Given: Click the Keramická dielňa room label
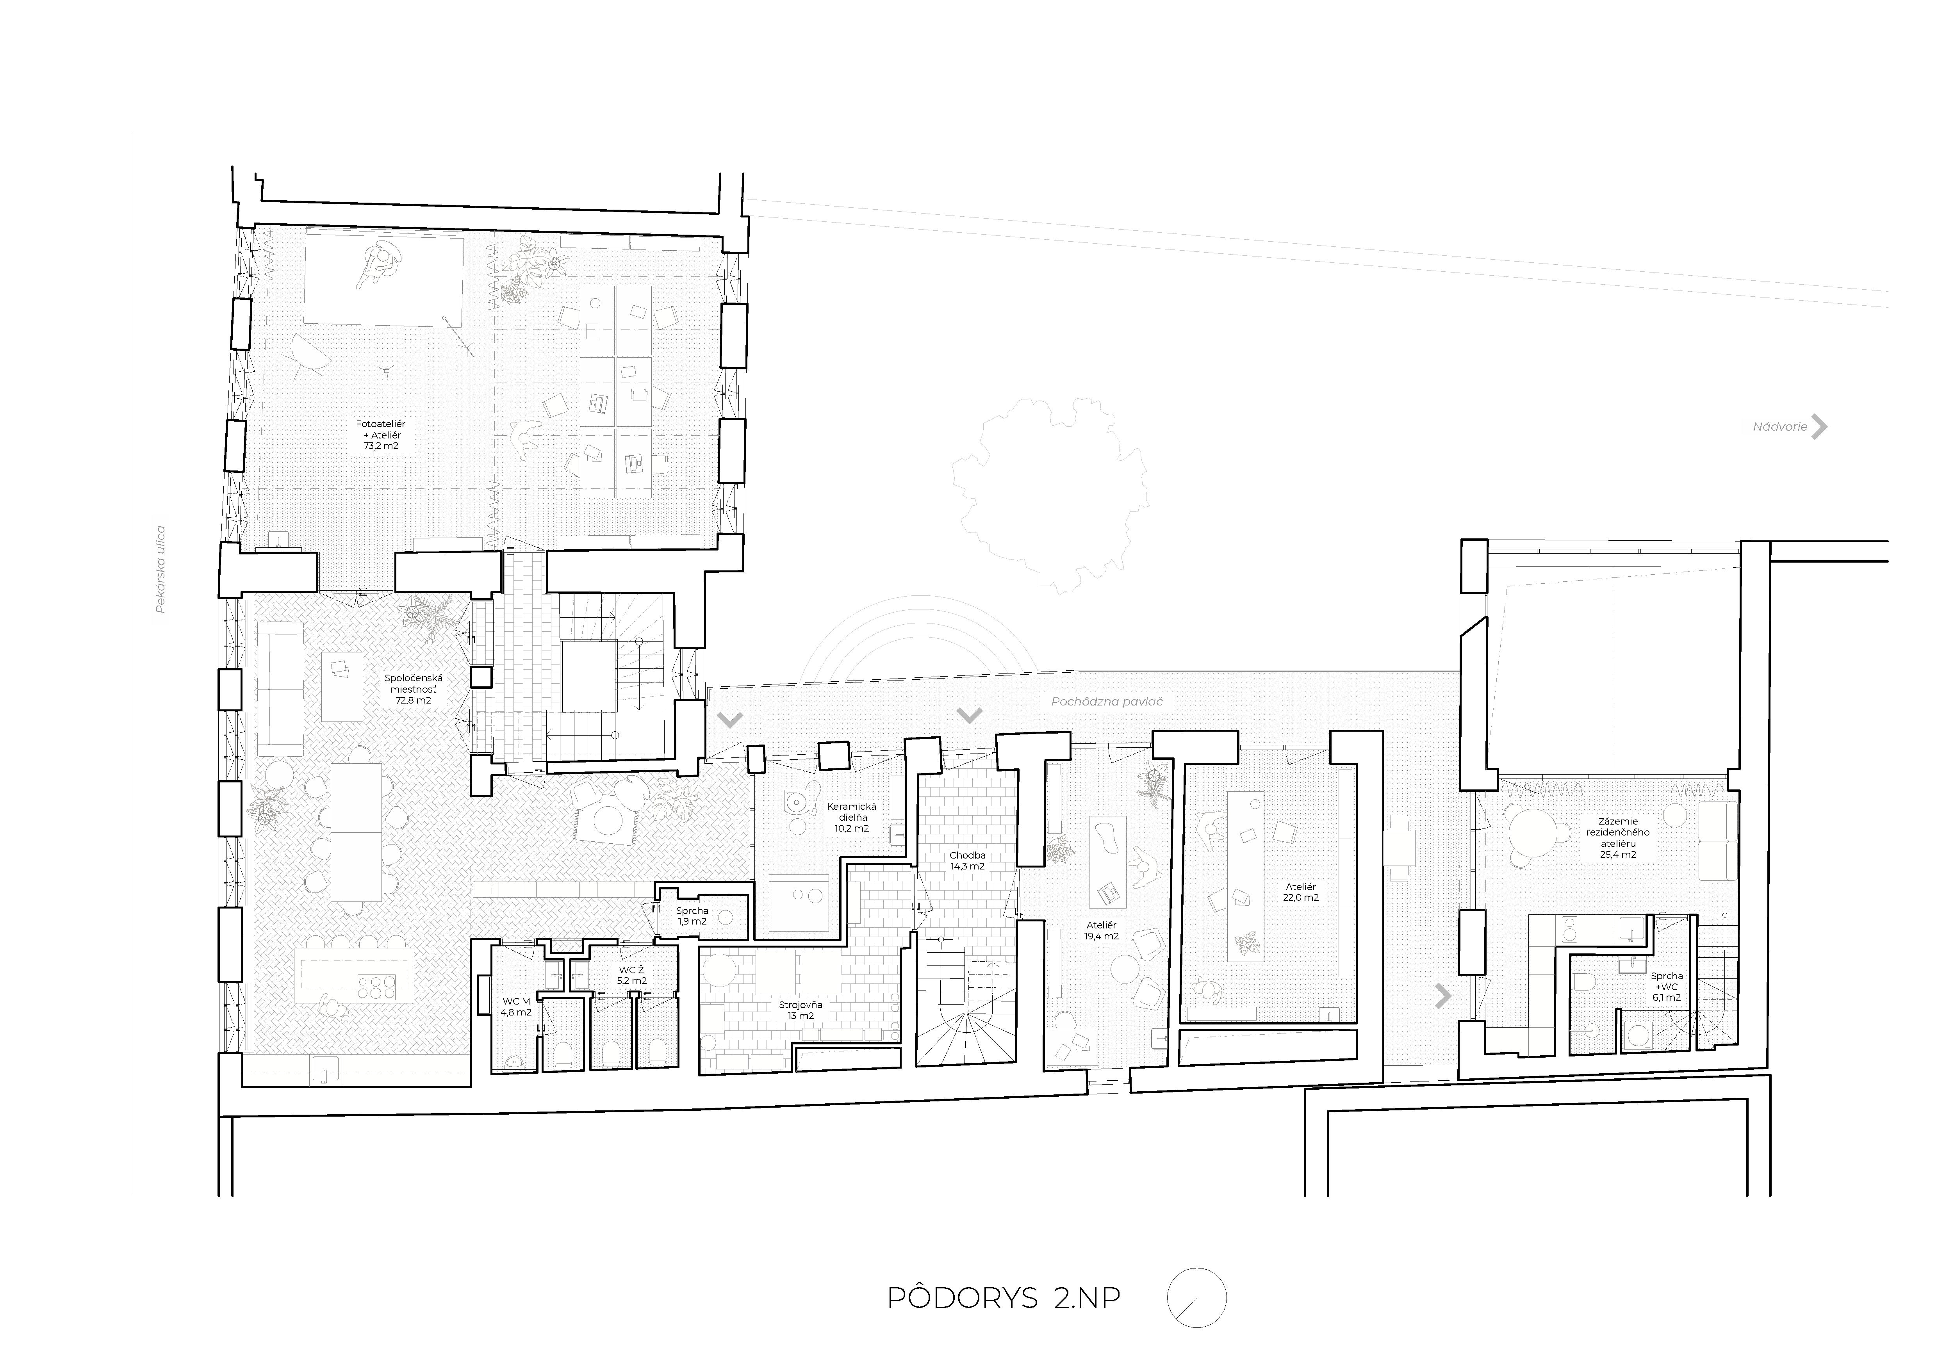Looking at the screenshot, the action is click(x=852, y=817).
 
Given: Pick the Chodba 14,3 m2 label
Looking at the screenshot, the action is click(x=966, y=860).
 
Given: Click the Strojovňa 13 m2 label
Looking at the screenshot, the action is click(x=800, y=1010).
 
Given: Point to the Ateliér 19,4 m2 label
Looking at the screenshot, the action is click(x=1102, y=930).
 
